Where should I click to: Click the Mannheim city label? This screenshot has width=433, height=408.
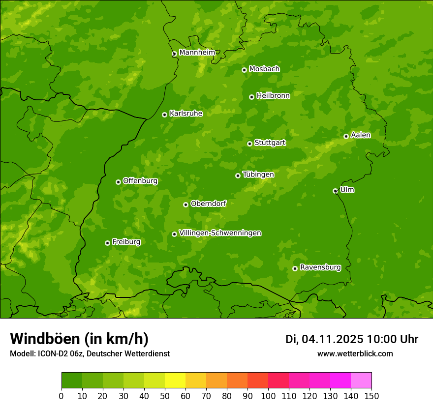(x=197, y=52)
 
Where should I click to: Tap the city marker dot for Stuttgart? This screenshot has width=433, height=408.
(x=249, y=144)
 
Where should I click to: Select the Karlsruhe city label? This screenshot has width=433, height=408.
(x=186, y=114)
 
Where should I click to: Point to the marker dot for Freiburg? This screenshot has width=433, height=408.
(x=107, y=243)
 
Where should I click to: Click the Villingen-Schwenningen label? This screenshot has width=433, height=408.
(x=220, y=233)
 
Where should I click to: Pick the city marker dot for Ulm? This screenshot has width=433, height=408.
(x=335, y=191)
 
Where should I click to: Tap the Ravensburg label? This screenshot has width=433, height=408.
(x=320, y=267)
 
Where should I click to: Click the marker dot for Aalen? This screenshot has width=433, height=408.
(x=346, y=136)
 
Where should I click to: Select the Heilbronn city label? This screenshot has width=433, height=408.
(x=273, y=96)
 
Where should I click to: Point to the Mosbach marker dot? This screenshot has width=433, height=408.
(x=244, y=70)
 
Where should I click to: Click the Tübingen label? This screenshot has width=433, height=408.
(x=258, y=175)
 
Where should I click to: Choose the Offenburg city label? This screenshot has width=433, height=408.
(x=140, y=181)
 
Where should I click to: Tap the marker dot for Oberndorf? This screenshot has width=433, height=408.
(x=186, y=204)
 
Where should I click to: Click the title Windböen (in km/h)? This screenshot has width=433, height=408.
(x=79, y=339)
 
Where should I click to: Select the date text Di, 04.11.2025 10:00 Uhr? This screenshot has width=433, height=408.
(x=351, y=339)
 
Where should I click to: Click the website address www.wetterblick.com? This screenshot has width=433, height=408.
(x=355, y=353)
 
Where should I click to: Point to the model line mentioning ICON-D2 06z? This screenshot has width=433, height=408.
(x=90, y=353)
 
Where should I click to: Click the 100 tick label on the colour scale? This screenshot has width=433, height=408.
(x=268, y=396)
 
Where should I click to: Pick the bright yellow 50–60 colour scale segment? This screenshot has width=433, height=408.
(x=175, y=380)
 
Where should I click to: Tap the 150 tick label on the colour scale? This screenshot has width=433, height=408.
(x=371, y=396)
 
